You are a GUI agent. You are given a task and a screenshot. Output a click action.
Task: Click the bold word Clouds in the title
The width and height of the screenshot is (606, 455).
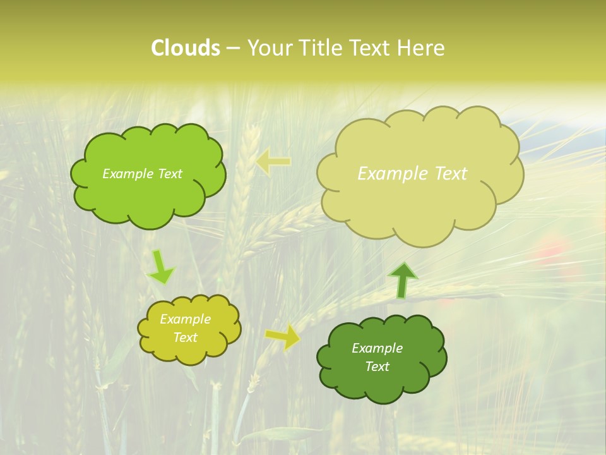[185, 48]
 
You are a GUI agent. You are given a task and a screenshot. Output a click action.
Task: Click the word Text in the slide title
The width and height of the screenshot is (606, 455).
[369, 48]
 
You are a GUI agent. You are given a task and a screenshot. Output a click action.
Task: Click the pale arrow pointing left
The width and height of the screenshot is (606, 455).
[273, 162]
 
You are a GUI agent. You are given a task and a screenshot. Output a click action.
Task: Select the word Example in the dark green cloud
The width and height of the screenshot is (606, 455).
[377, 348]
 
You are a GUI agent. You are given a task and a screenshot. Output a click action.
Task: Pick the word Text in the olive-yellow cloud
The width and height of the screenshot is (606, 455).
[186, 337]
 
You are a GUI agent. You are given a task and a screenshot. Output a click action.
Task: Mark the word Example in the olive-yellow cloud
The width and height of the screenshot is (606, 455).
[186, 319]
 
